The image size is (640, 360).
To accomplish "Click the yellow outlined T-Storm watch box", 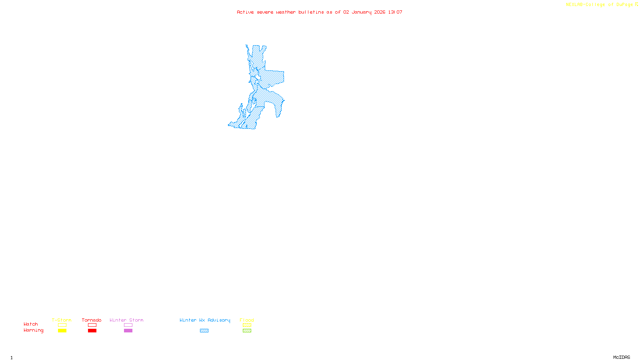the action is click(62, 325).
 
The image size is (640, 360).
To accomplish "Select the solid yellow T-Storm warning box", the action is click(62, 331).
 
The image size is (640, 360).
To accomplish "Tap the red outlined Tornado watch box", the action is click(92, 325).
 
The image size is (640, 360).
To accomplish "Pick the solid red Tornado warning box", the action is click(92, 331).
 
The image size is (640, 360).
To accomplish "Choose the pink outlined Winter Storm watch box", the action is click(128, 325).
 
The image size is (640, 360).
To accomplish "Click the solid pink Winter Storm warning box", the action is click(128, 331).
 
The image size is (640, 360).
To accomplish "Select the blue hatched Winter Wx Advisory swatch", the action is click(204, 331).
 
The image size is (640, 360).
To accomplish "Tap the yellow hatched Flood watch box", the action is click(247, 325).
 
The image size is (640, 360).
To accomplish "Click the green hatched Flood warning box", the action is click(247, 331).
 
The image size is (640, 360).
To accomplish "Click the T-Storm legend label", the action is click(62, 320).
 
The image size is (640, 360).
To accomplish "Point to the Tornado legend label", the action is click(92, 320).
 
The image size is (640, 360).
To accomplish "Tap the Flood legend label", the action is click(247, 320).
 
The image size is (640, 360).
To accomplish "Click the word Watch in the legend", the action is click(31, 324).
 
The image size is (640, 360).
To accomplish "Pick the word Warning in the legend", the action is click(33, 330).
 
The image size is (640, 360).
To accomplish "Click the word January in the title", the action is click(362, 12).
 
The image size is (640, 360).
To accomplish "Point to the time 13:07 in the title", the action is click(395, 12).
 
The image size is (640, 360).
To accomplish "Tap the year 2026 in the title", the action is click(380, 12).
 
